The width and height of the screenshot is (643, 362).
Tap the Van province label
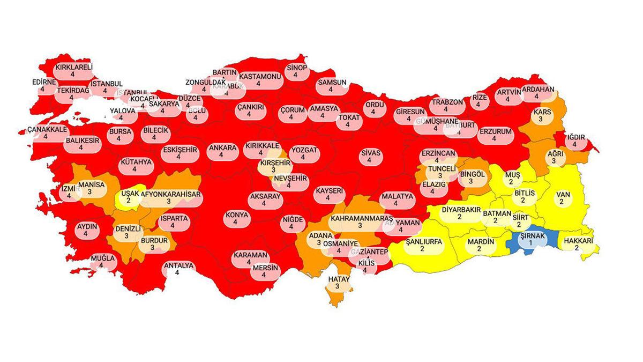(561, 197)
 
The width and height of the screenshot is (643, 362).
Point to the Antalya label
(178, 268)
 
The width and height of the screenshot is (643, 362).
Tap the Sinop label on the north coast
(296, 71)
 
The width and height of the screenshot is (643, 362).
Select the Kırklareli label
(74, 71)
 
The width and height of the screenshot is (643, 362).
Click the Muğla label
(102, 261)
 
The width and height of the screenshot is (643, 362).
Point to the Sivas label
(370, 156)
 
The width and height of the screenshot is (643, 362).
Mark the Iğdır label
(574, 141)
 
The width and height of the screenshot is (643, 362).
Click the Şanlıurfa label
(423, 245)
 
